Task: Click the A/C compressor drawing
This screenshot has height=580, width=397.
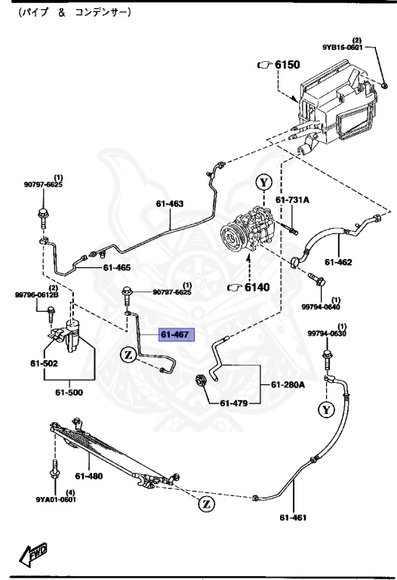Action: tap(248, 234)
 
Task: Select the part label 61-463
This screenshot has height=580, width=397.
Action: tap(170, 203)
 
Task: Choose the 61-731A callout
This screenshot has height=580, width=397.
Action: tap(292, 200)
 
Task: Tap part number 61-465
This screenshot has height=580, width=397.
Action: tap(117, 267)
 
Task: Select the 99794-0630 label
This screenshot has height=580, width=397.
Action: tap(326, 333)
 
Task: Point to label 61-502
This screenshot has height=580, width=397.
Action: tap(44, 362)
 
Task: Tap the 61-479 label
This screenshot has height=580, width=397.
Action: tap(235, 403)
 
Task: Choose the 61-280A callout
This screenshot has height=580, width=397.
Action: tap(288, 385)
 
